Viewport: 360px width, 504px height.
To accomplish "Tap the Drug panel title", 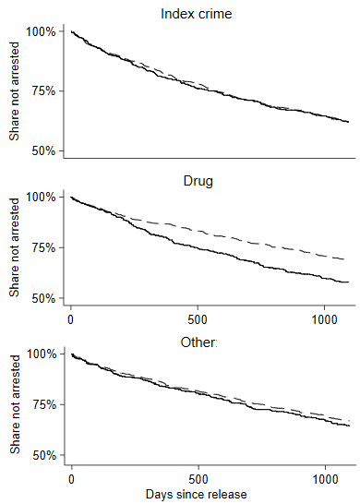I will click(x=198, y=180).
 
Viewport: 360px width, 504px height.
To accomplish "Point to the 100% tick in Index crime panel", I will click(x=41, y=32).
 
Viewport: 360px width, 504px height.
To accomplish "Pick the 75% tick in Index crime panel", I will click(x=43, y=91).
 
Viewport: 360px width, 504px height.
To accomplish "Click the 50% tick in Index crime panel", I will click(x=43, y=150).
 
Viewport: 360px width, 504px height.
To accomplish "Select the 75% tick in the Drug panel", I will click(x=43, y=247).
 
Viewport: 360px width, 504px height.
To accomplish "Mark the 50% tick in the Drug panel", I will click(x=43, y=298).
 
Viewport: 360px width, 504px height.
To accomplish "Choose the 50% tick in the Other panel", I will click(x=43, y=455).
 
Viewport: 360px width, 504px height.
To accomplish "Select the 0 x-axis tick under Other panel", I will click(x=71, y=480).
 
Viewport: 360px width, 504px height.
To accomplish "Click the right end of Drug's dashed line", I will click(x=349, y=260).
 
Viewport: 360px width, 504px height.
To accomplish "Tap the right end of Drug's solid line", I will click(x=349, y=282).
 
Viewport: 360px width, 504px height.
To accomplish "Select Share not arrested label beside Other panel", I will click(x=15, y=403).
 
